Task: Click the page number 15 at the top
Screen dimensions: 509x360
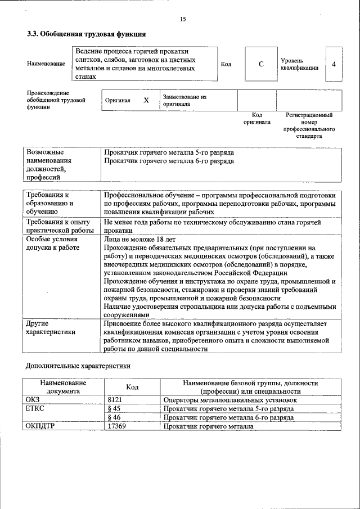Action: click(183, 19)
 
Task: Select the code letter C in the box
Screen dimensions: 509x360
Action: click(261, 64)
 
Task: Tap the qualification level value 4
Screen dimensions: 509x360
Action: click(334, 64)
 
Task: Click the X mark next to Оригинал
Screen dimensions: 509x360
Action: click(146, 100)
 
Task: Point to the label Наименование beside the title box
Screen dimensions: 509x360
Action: click(46, 64)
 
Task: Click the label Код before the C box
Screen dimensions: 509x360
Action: click(226, 64)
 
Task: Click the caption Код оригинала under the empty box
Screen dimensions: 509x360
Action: click(257, 118)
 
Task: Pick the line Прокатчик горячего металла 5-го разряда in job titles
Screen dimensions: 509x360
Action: click(169, 152)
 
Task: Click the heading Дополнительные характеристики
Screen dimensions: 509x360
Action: click(78, 366)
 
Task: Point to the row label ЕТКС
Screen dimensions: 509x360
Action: click(35, 409)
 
